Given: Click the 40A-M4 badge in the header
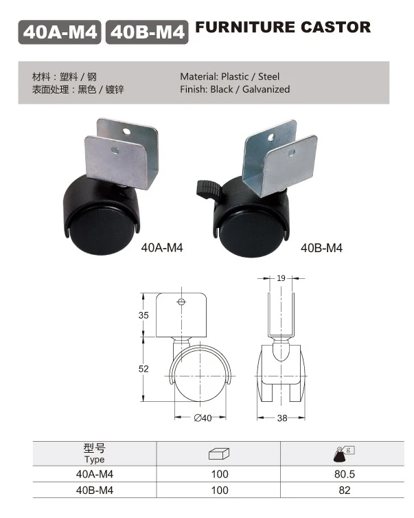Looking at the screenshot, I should click(60, 32).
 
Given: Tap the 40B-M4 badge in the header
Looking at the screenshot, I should click(146, 32).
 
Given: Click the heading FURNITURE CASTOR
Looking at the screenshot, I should click(283, 28).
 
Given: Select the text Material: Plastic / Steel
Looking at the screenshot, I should click(229, 76).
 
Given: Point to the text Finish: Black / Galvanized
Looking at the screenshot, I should click(235, 89).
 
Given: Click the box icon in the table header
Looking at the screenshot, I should click(219, 453).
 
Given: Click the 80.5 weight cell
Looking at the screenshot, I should click(344, 475).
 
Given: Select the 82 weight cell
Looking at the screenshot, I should click(344, 491).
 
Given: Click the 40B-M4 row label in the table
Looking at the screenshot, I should click(94, 491).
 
